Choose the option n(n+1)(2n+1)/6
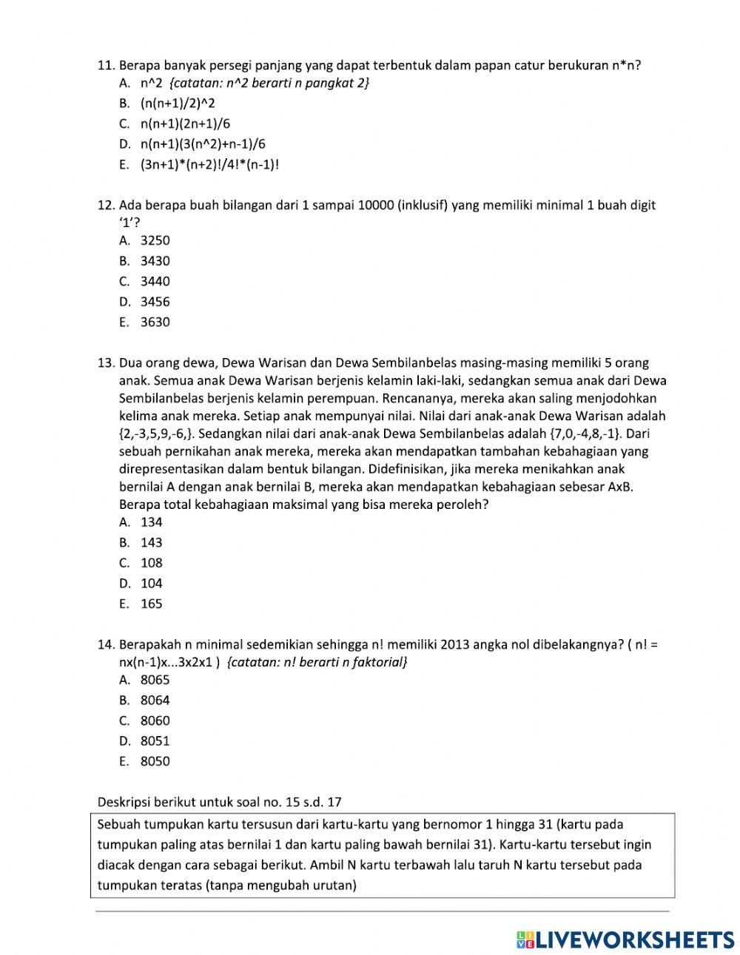(x=185, y=124)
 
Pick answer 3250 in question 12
(x=155, y=240)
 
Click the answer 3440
(x=155, y=281)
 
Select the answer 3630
(x=155, y=322)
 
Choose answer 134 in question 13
(x=152, y=522)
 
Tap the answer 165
(x=152, y=604)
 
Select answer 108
(x=152, y=563)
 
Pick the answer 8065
(x=155, y=680)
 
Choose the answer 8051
(x=155, y=741)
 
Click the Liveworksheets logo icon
(x=525, y=939)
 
